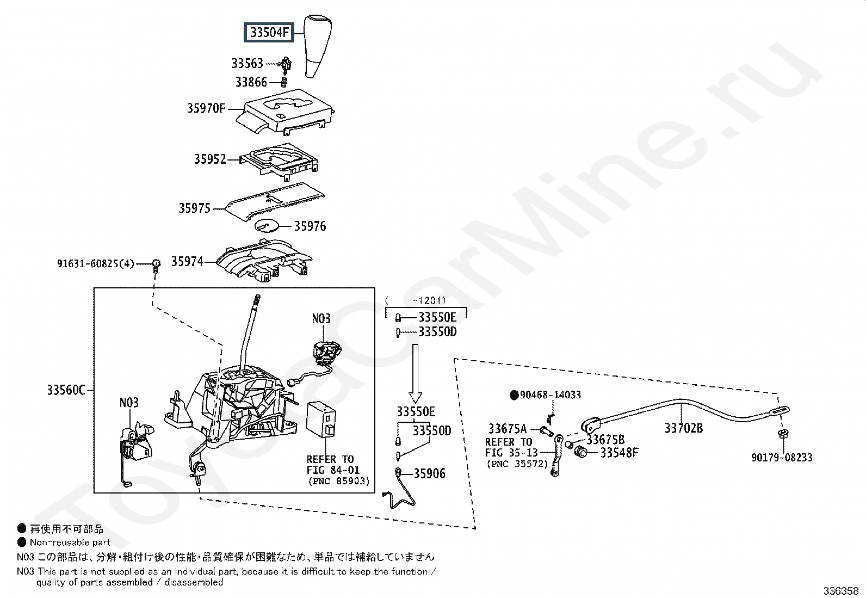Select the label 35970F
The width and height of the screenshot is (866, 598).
(x=206, y=108)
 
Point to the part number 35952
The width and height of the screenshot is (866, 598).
(x=210, y=159)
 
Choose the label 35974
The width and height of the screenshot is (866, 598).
(x=187, y=262)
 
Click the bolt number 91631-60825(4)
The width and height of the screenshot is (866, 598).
(x=95, y=264)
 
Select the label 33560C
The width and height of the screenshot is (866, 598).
(x=66, y=390)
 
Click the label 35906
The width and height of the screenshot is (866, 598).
(x=429, y=474)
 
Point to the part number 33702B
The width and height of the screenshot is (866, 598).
(x=683, y=428)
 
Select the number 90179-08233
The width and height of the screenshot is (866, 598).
(x=782, y=458)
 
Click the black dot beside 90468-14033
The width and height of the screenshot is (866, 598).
(x=514, y=395)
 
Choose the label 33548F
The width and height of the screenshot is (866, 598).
(x=619, y=453)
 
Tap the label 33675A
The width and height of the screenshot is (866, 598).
(x=507, y=429)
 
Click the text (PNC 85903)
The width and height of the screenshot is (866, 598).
(x=338, y=481)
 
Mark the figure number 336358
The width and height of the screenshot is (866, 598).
(x=841, y=591)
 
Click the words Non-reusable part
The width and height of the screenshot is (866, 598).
(x=70, y=542)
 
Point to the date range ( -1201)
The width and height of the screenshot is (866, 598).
(x=415, y=300)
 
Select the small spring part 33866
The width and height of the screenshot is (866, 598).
(x=283, y=82)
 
